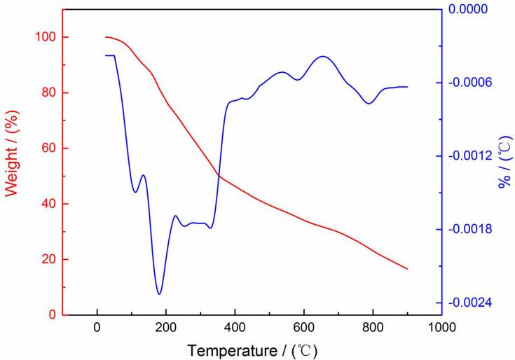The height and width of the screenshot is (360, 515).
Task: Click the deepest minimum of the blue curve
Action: pos(159,294)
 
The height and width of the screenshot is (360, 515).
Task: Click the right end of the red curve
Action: pos(407,269)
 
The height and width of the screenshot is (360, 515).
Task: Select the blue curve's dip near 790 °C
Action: pos(369,104)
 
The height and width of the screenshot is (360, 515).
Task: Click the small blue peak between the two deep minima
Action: pos(143,175)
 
